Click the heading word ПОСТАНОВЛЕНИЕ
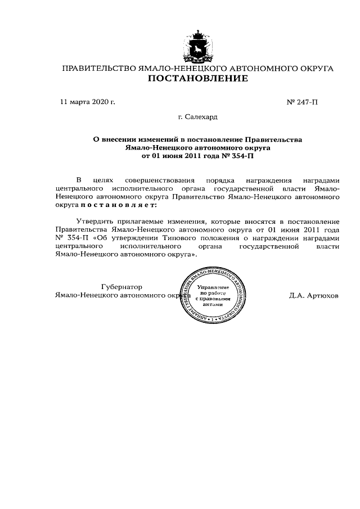pos(197,79)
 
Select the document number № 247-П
pos(302,102)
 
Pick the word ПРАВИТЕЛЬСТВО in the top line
pos(98,68)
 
